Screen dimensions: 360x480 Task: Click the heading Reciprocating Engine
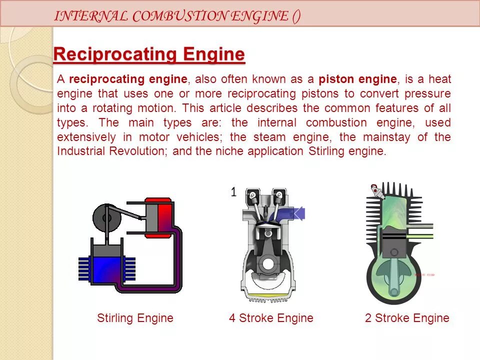(149, 54)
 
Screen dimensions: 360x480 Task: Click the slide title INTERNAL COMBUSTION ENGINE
(177, 16)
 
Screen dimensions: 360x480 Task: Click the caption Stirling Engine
(135, 318)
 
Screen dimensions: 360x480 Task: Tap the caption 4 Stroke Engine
(271, 318)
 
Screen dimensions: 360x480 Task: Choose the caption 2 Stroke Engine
(407, 318)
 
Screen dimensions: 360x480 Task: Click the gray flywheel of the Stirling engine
(105, 217)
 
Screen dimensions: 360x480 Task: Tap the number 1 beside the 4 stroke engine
(233, 192)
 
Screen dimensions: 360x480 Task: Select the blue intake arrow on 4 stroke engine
(290, 214)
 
